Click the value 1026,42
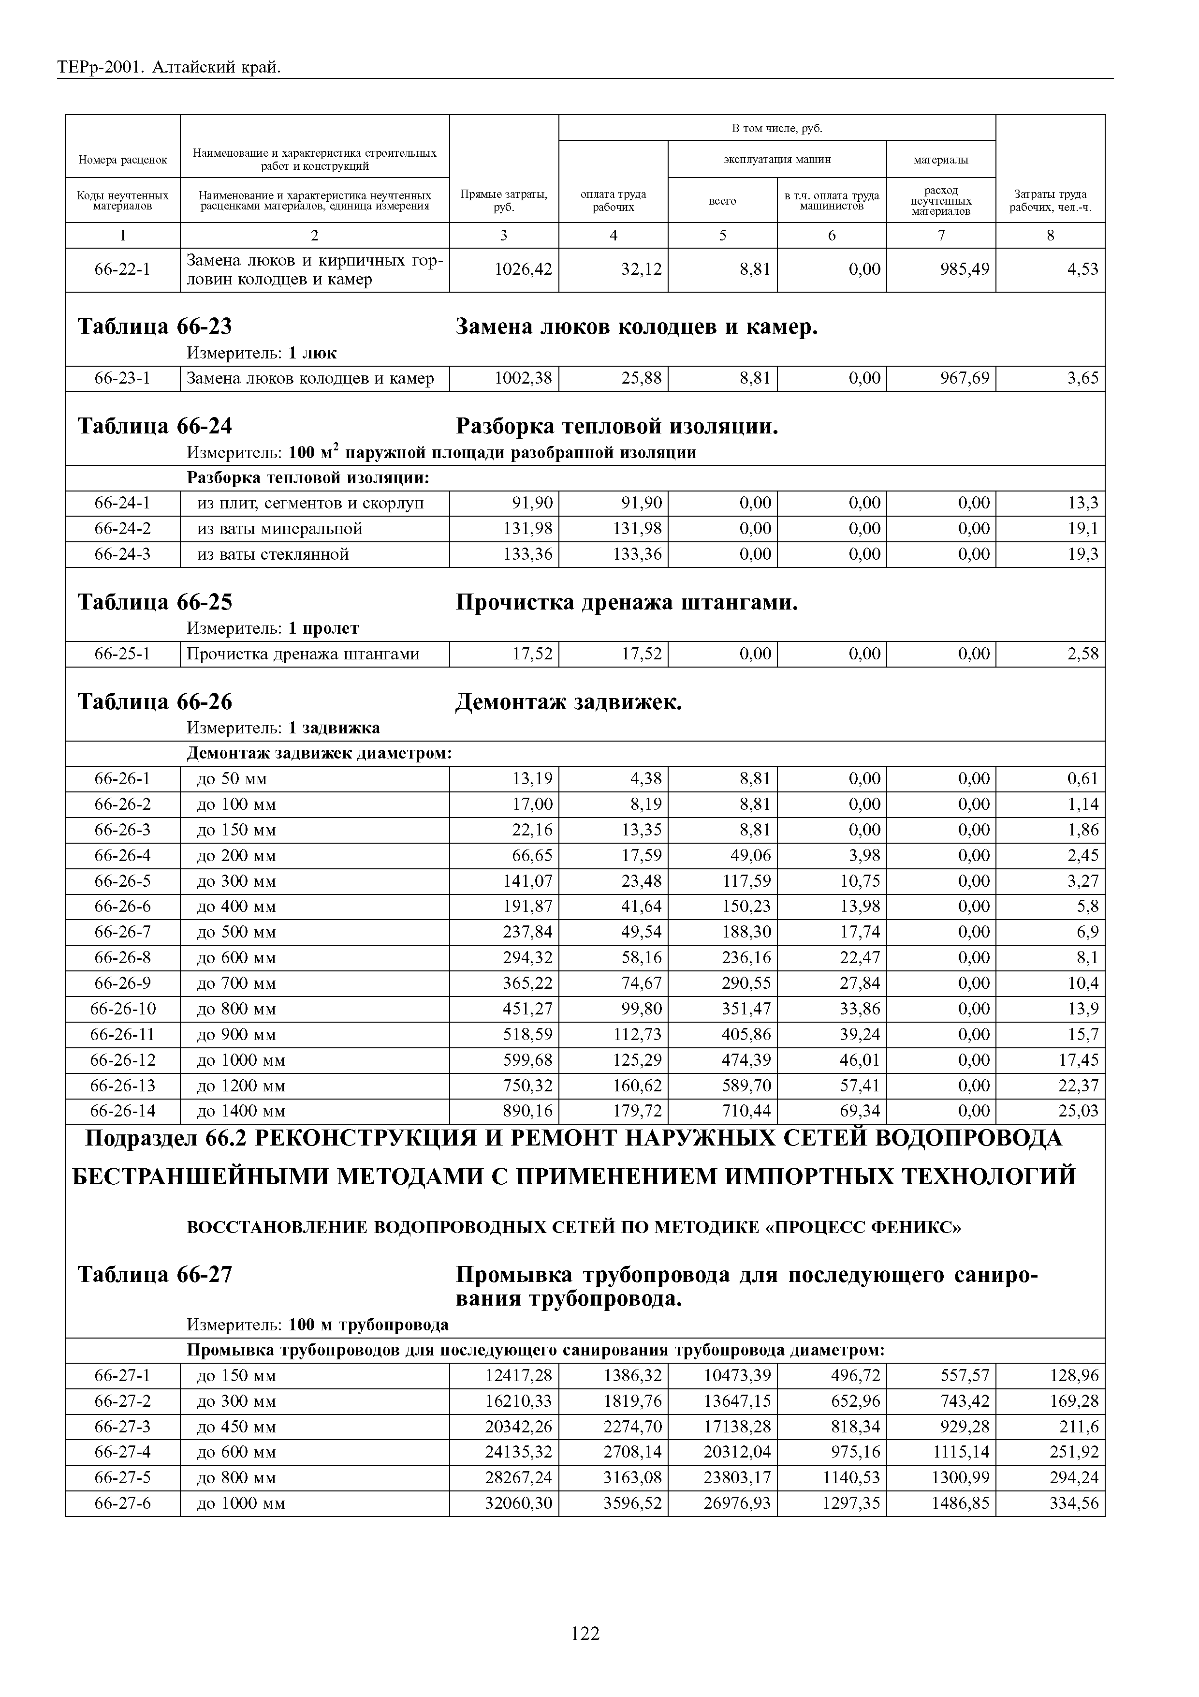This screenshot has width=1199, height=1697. [x=523, y=269]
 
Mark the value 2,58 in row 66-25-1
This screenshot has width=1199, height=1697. [x=1082, y=654]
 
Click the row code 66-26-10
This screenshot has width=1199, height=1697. [x=123, y=1009]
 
